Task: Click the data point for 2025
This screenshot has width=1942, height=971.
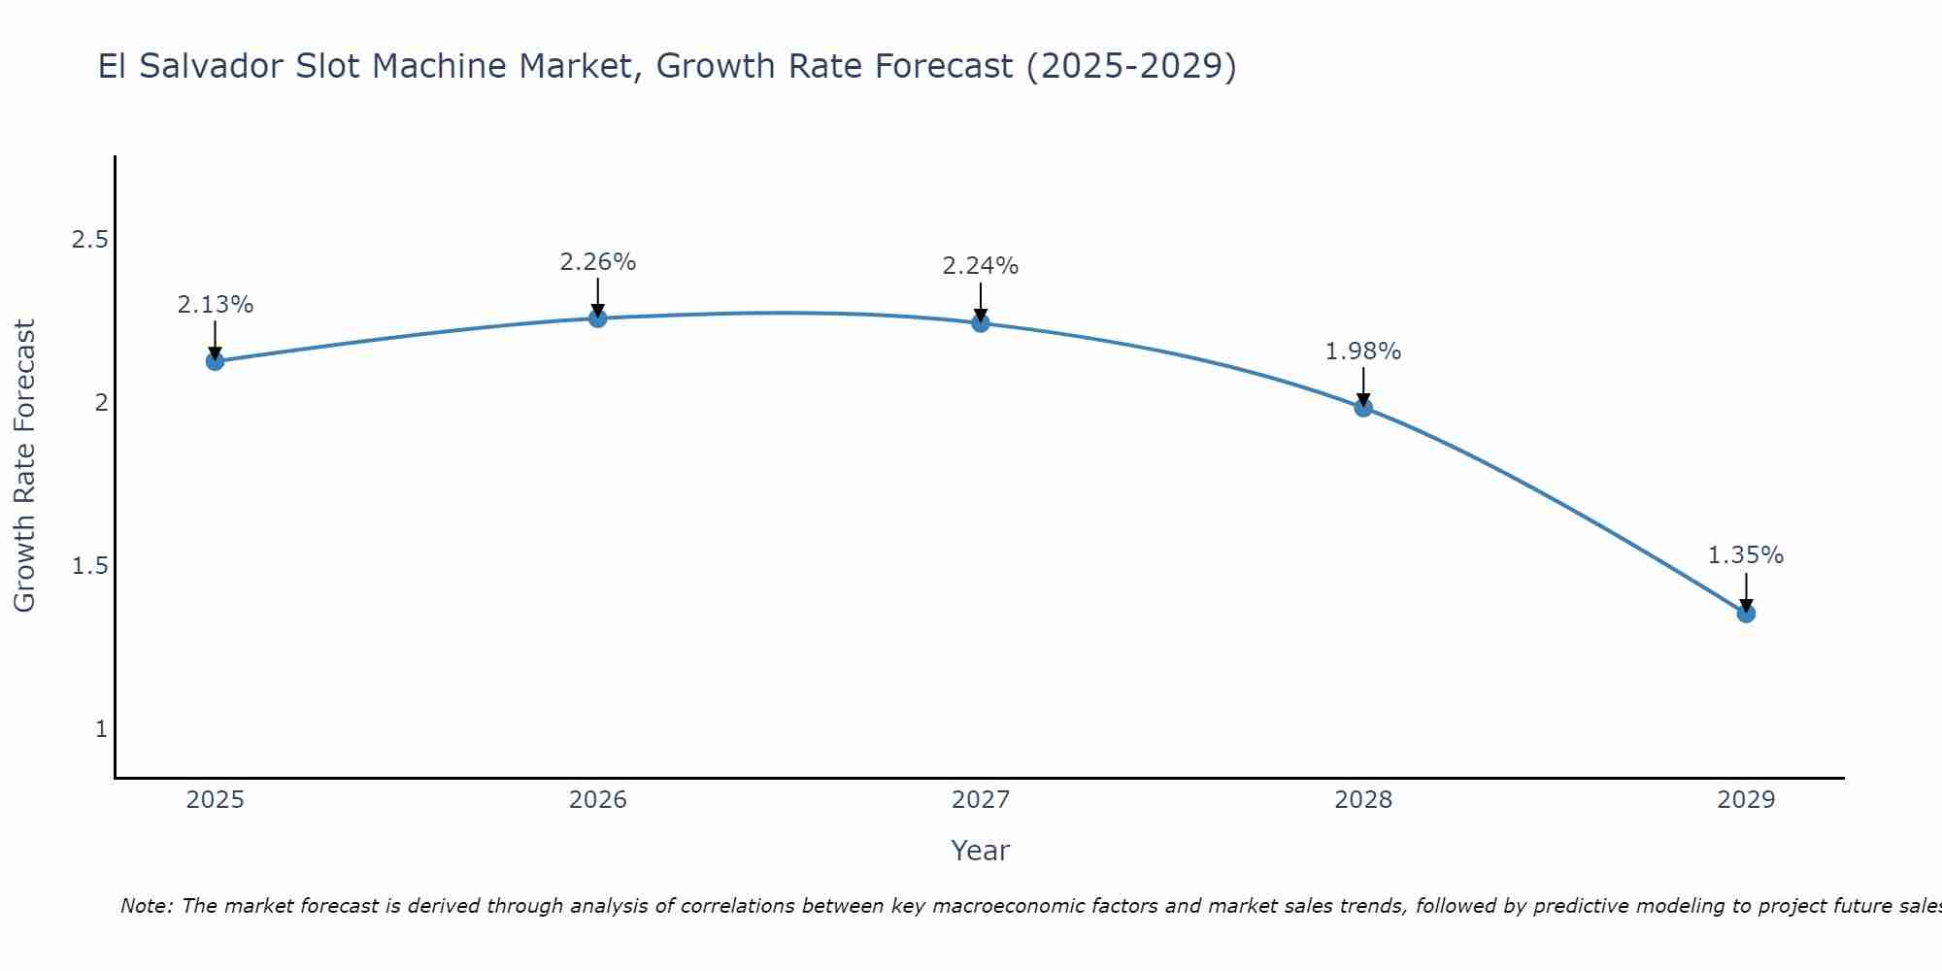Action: pos(215,361)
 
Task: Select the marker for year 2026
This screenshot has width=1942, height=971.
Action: pos(597,318)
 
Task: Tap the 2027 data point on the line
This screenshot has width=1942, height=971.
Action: pos(981,323)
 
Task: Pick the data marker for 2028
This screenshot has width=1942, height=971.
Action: pos(1363,408)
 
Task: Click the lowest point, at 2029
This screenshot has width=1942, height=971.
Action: pos(1746,614)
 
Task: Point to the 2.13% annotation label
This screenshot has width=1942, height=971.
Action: pos(215,305)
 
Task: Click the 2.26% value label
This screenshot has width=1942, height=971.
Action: pos(597,262)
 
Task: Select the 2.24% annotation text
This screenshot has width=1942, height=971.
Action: pos(981,266)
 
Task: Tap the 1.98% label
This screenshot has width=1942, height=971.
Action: pos(1363,352)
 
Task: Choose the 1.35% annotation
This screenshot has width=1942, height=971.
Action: pos(1746,555)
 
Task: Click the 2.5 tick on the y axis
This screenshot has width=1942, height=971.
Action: pos(89,240)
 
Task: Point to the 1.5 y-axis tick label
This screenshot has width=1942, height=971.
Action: pos(89,566)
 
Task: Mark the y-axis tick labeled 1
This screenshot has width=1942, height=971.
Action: pos(101,729)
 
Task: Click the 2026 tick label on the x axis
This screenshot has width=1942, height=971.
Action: pos(597,800)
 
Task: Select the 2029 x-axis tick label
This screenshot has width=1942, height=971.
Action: pos(1746,800)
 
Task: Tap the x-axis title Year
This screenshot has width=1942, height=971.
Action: pos(980,851)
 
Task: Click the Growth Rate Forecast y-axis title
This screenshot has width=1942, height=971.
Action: pos(24,466)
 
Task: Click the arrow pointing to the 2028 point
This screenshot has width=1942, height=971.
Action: pos(1363,385)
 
